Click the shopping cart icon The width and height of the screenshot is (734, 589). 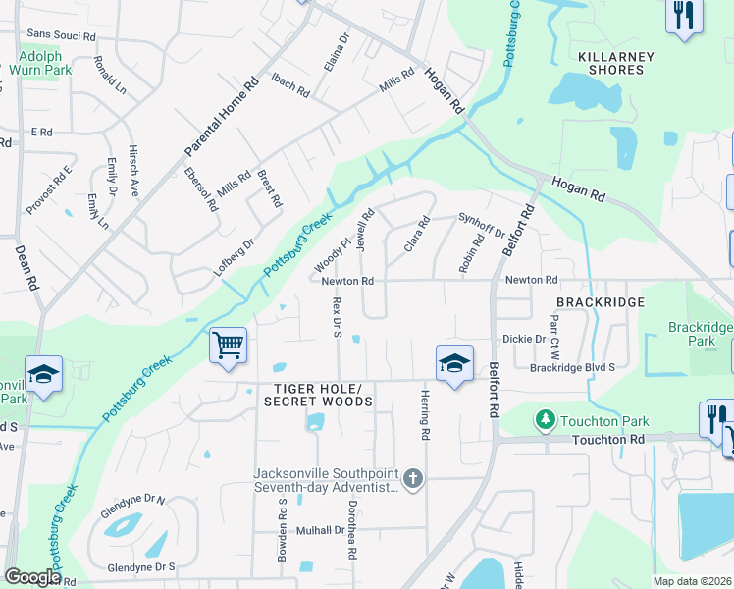(x=228, y=346)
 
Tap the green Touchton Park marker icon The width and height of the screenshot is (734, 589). (x=545, y=420)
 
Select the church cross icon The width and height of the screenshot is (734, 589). (x=414, y=479)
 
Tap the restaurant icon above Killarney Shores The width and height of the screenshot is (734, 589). (x=684, y=16)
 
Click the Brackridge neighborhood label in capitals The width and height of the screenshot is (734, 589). (x=600, y=302)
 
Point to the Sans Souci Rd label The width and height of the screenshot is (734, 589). (x=61, y=35)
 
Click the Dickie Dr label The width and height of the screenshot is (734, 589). (x=523, y=340)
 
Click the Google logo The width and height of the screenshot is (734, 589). (x=32, y=577)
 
